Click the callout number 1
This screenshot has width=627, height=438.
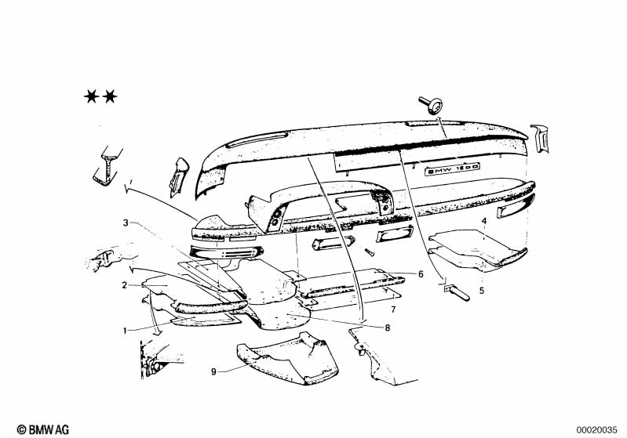click(x=125, y=331)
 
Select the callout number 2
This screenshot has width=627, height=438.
click(x=125, y=285)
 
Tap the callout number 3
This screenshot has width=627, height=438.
click(x=126, y=223)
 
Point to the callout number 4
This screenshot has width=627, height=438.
click(x=484, y=221)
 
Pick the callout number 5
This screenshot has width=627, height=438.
click(x=482, y=290)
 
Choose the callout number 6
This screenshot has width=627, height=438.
click(x=421, y=274)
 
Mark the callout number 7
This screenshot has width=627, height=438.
click(x=393, y=309)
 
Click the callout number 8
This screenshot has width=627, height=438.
click(x=387, y=328)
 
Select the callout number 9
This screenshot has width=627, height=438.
click(x=214, y=371)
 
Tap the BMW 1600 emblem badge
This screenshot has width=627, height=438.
click(x=452, y=169)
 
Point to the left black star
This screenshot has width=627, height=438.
click(x=92, y=96)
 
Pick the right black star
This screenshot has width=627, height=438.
click(x=110, y=96)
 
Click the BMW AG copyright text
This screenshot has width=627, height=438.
click(x=43, y=429)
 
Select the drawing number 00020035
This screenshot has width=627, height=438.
click(x=596, y=430)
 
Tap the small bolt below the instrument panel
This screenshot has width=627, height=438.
click(x=369, y=252)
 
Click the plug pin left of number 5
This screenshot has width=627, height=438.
click(x=457, y=292)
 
